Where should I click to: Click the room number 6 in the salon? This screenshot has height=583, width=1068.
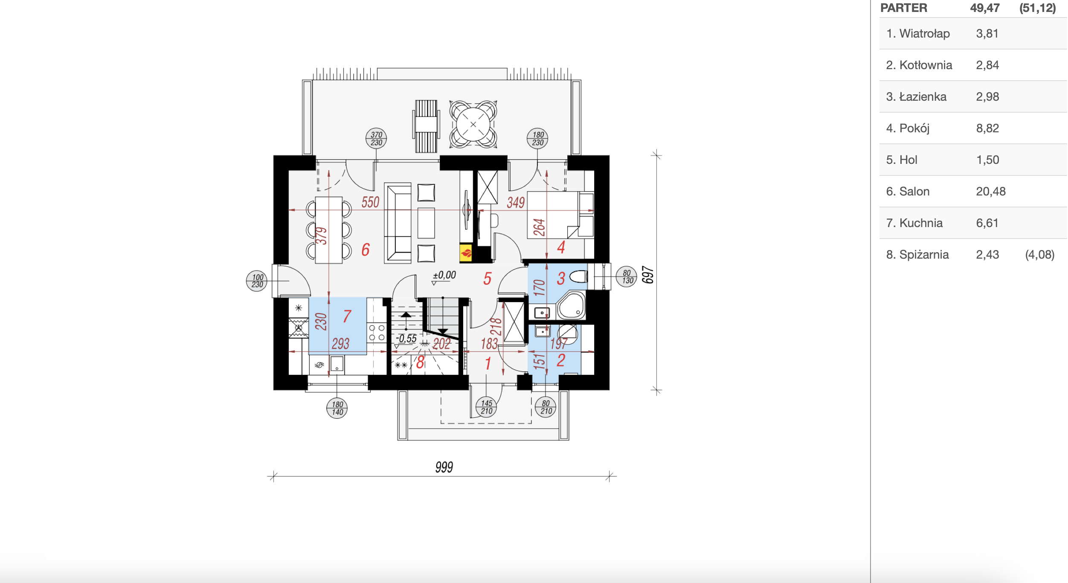(x=366, y=250)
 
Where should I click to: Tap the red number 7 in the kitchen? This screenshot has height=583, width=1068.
(x=347, y=316)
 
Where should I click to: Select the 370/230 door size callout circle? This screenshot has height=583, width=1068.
(x=376, y=139)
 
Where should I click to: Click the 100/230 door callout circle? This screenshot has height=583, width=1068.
(x=257, y=281)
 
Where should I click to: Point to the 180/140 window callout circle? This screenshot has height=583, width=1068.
(x=337, y=408)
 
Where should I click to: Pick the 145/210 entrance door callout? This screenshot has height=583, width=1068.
(x=486, y=407)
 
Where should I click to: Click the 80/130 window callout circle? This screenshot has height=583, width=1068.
(x=627, y=277)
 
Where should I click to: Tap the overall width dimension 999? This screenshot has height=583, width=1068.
(x=444, y=467)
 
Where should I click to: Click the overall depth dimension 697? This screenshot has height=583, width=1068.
(x=648, y=275)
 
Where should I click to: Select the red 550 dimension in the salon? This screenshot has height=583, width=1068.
(x=370, y=202)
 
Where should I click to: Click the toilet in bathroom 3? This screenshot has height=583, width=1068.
(x=579, y=277)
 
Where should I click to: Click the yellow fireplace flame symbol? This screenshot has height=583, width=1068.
(x=466, y=253)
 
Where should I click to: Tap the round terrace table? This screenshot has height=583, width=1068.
(x=473, y=124)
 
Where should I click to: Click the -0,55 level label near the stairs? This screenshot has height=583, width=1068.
(x=406, y=339)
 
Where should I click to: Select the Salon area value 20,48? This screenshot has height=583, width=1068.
(x=991, y=191)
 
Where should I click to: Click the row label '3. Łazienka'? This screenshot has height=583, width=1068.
(x=916, y=96)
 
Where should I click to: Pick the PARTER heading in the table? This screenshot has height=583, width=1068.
(x=904, y=8)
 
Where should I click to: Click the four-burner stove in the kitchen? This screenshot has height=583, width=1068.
(x=377, y=333)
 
